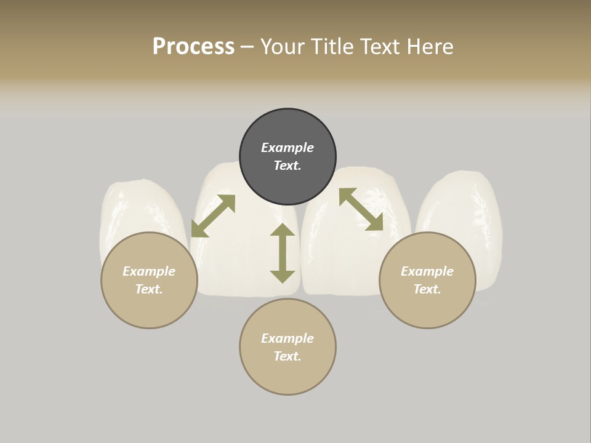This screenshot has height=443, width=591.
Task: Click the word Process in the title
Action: coord(193,47)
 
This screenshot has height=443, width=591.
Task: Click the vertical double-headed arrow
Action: coord(283,253)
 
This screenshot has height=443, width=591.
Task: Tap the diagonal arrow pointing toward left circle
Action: coord(213,216)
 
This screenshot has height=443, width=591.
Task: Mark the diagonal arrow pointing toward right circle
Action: coord(361,209)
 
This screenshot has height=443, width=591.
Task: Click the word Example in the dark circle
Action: coord(287,148)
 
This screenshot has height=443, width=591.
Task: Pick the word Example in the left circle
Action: coord(149,271)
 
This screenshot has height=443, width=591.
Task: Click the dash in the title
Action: coord(247,47)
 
